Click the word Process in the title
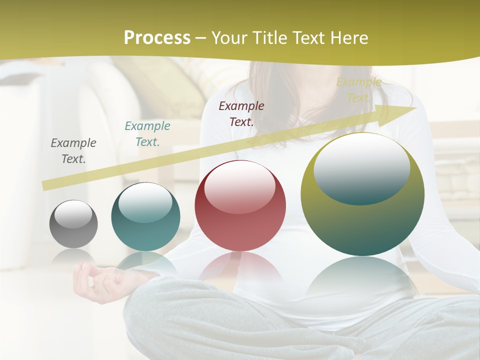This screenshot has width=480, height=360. point(157,38)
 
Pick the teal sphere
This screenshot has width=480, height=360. point(145,217)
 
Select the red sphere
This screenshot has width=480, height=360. point(240,205)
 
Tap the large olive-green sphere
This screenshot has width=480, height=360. point(362,194)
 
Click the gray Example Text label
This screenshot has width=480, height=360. point(73,151)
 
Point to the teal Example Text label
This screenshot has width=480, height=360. point(147,134)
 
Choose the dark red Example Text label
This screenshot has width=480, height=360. point(241,113)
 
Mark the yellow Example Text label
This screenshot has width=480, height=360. point(358,90)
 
